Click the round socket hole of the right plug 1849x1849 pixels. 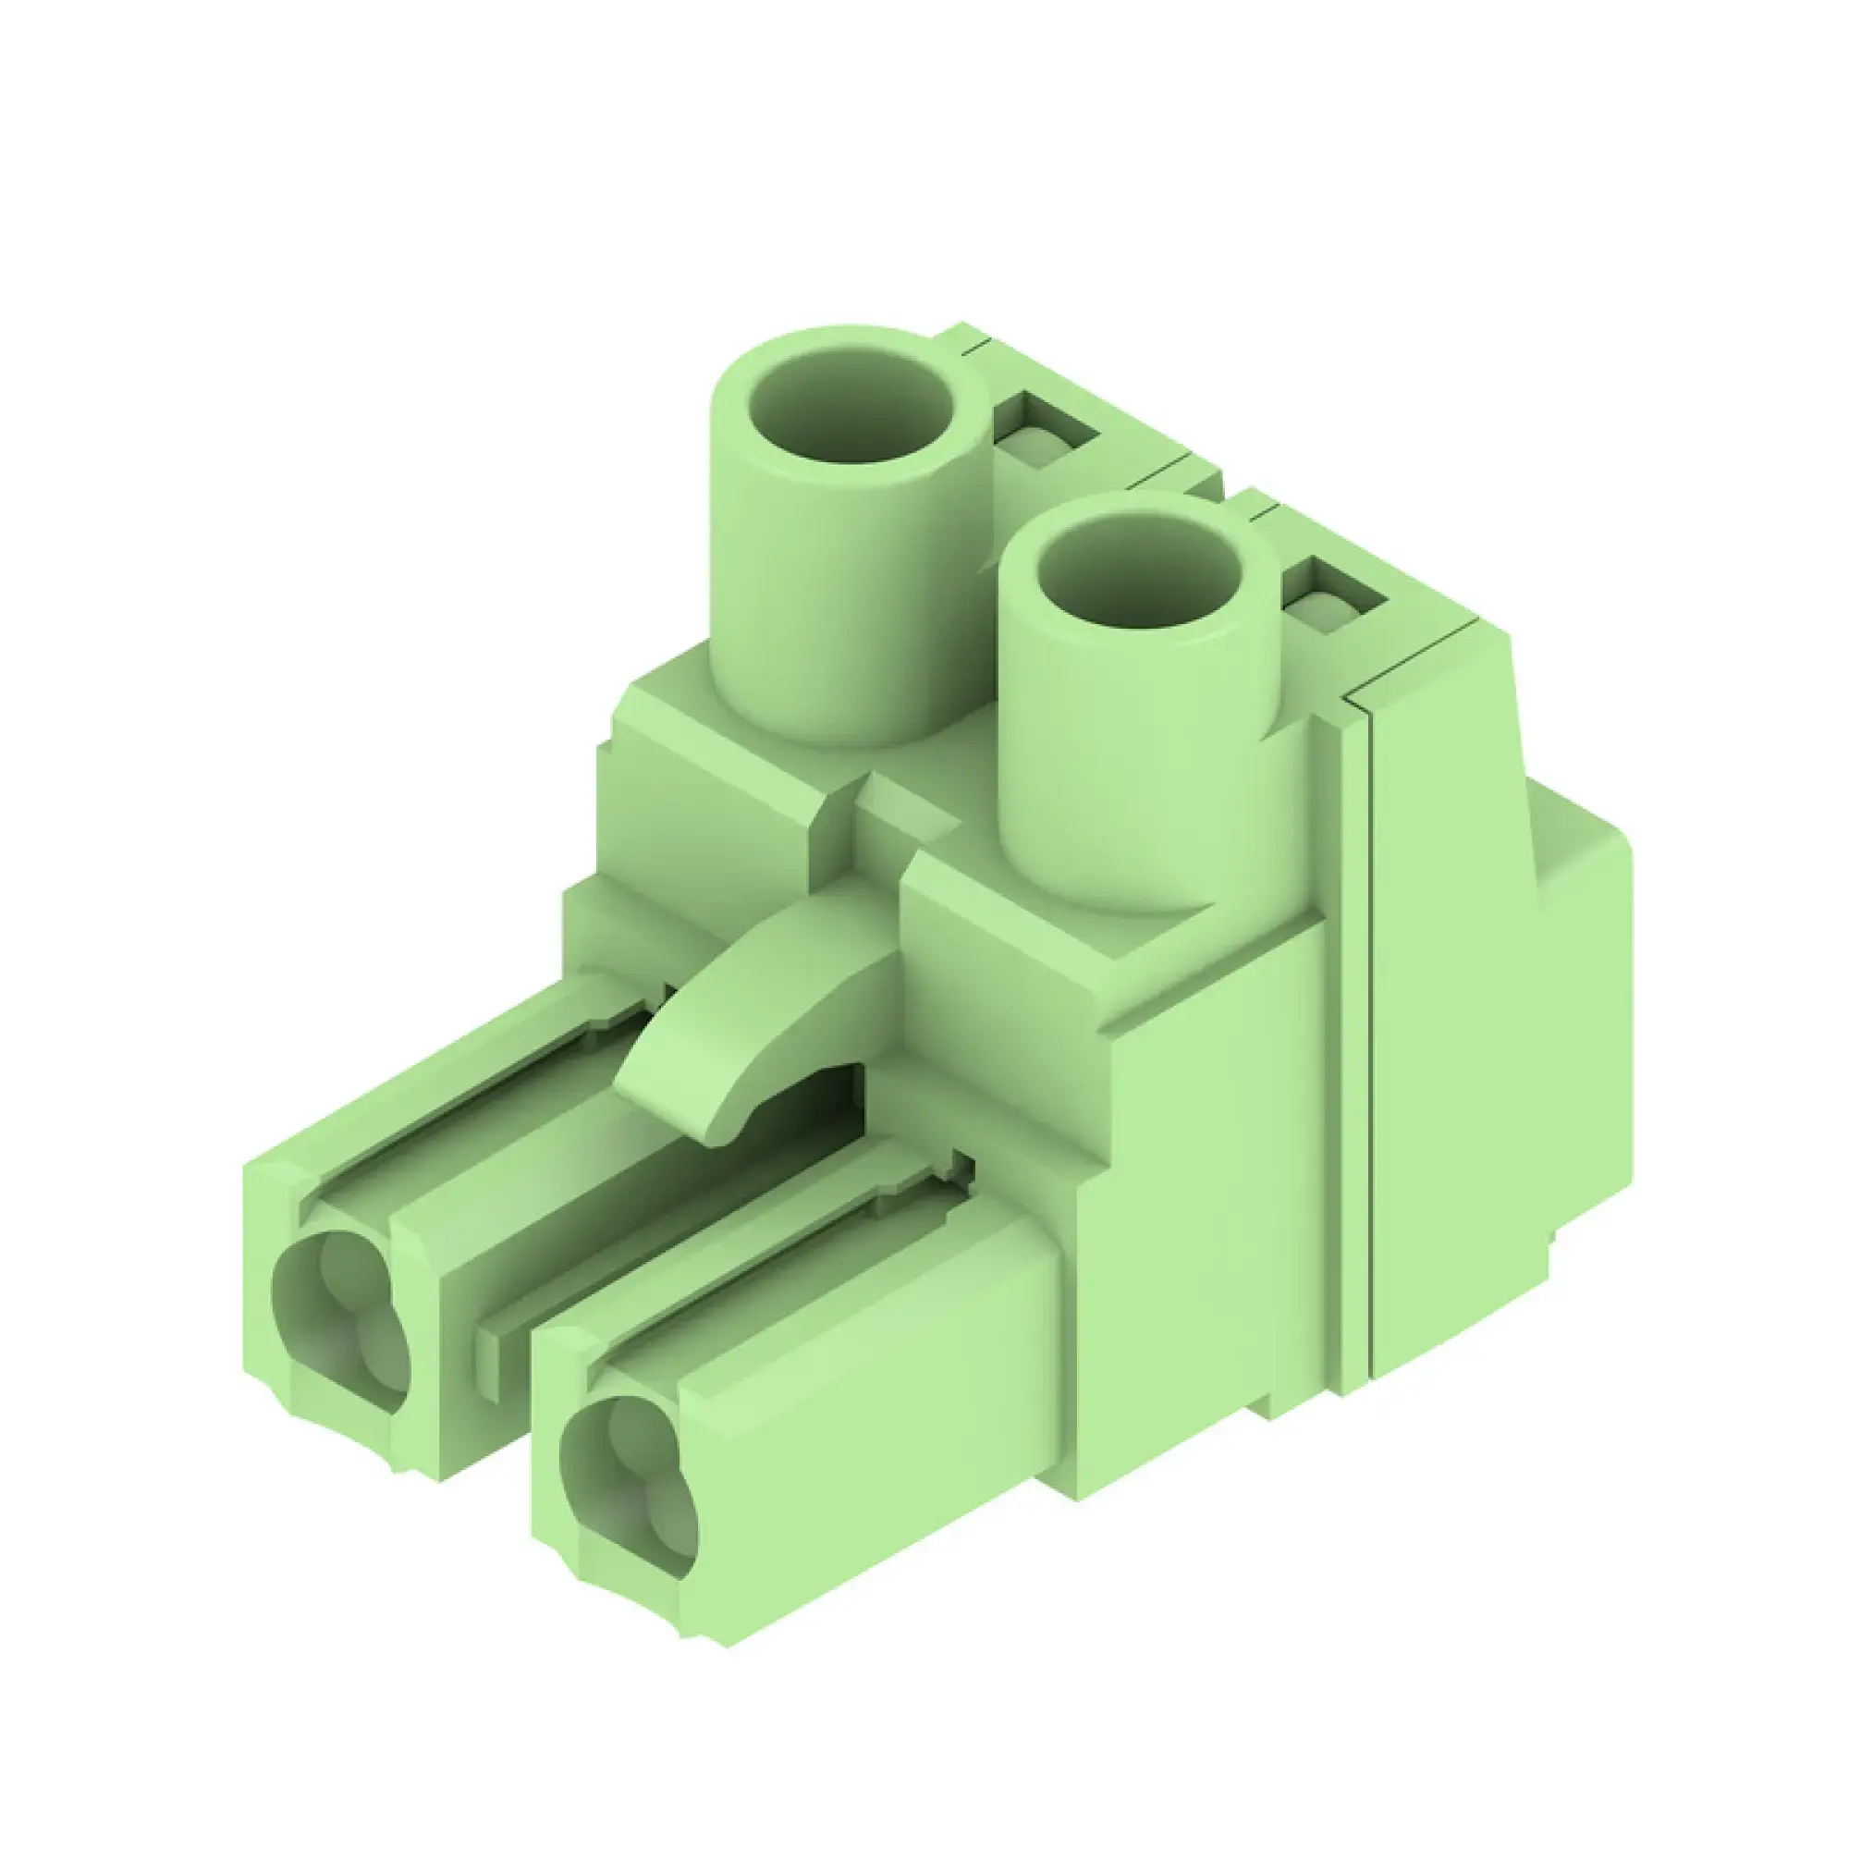coord(627,1493)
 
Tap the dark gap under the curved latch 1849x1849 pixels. coord(814,1100)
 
